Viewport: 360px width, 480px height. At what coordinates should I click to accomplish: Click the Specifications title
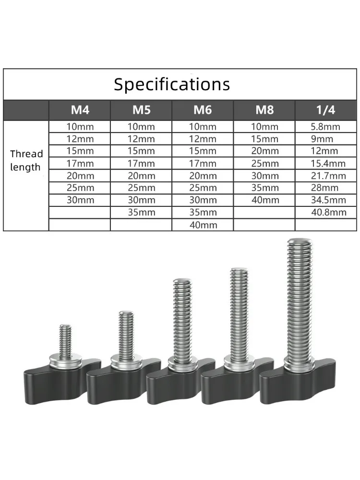tap(172, 84)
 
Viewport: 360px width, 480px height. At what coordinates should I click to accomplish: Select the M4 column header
tap(80, 110)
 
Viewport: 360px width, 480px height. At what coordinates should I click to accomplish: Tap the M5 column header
tap(141, 110)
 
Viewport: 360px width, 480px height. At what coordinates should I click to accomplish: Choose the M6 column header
tap(203, 110)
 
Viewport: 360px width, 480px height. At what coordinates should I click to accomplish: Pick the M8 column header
tap(264, 110)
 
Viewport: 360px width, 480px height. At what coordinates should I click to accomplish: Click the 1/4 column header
tap(326, 110)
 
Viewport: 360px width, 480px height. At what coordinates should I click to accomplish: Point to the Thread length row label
tap(26, 161)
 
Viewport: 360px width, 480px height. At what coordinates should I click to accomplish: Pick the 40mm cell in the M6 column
tap(203, 225)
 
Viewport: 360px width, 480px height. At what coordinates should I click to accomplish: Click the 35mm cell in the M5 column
tap(141, 212)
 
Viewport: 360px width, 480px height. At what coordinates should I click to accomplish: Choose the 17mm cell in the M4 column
tap(80, 163)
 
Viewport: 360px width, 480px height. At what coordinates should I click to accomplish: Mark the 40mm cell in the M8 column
tap(264, 200)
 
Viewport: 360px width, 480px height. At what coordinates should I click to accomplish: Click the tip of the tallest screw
tap(300, 243)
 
